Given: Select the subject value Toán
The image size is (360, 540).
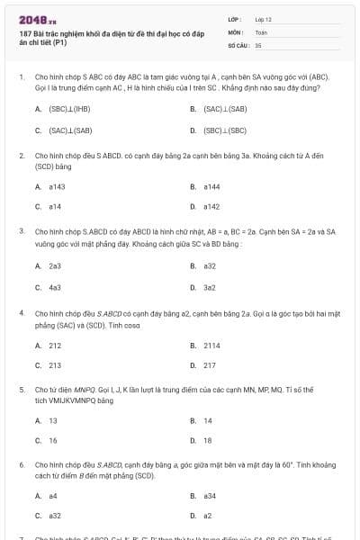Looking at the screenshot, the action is [x=261, y=31].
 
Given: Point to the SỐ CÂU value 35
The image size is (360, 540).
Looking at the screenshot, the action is [x=258, y=44].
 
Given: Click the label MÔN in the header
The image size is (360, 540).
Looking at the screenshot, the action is [x=235, y=31].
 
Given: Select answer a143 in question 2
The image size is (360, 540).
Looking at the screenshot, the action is [x=57, y=187].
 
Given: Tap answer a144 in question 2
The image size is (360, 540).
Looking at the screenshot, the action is [x=211, y=187].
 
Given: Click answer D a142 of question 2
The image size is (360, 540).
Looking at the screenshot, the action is [x=211, y=207].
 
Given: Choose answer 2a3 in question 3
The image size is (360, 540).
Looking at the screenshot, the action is [x=55, y=266].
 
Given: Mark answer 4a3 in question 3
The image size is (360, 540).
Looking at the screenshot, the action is [x=55, y=287].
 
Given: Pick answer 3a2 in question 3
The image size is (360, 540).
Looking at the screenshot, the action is [x=210, y=287].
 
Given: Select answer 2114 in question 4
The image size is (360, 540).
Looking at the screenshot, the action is [x=211, y=345].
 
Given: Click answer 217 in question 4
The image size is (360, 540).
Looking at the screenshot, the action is [x=210, y=365].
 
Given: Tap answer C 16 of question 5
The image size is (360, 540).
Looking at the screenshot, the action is [x=53, y=440].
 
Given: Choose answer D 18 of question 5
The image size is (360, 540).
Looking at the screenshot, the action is [x=208, y=440].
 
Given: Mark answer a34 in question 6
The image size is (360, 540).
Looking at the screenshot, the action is [x=210, y=496].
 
